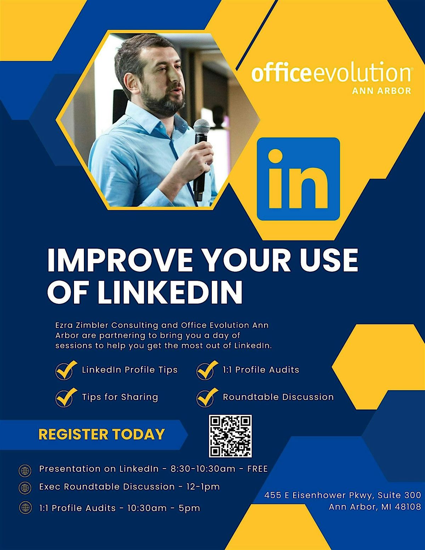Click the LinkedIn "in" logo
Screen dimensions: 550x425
click(298, 179)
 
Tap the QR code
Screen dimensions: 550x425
click(230, 436)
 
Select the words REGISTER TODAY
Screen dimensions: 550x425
click(102, 435)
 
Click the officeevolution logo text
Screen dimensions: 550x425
click(331, 73)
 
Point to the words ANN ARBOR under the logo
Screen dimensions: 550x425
click(381, 91)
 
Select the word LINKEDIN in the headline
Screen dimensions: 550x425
click(170, 292)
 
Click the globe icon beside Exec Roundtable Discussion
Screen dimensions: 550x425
click(25, 488)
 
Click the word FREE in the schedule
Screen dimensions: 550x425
click(257, 469)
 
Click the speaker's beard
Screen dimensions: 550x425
click(166, 103)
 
